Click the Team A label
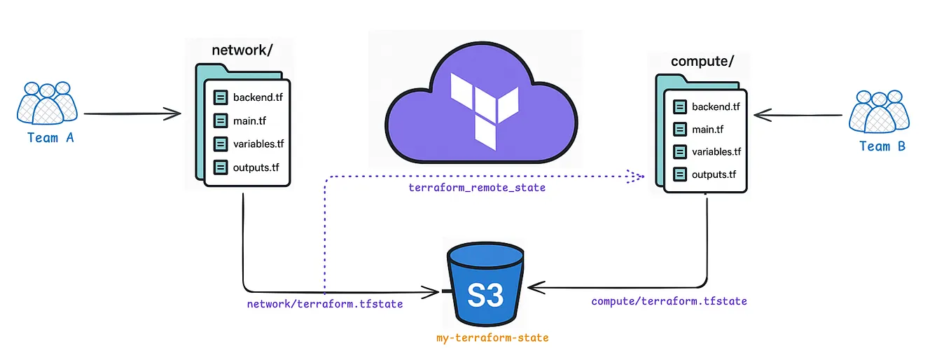[50, 138]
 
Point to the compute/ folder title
[702, 61]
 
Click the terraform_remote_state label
[477, 188]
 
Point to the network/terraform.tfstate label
[324, 305]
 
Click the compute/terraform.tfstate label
[669, 301]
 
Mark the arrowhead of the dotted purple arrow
[636, 176]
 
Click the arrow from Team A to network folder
[133, 113]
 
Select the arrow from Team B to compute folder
[797, 112]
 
